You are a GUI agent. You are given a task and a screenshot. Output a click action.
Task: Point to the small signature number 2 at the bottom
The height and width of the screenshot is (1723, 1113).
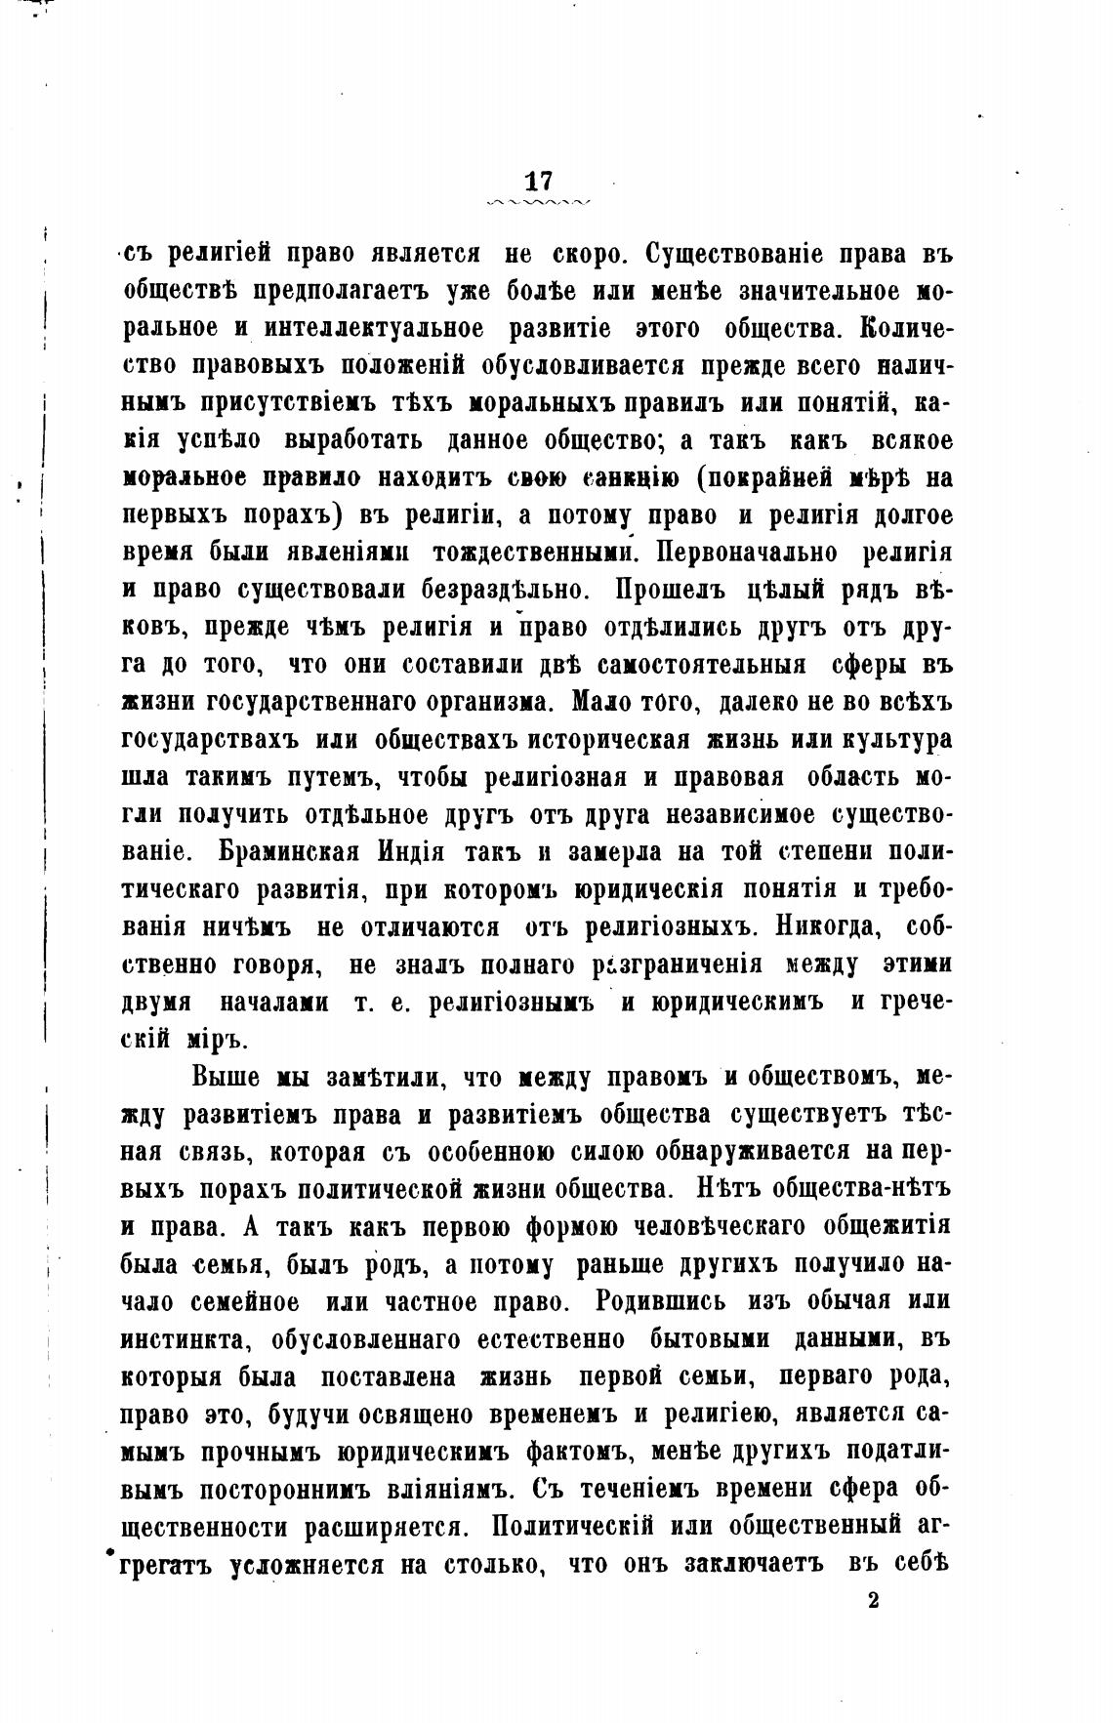873,1599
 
